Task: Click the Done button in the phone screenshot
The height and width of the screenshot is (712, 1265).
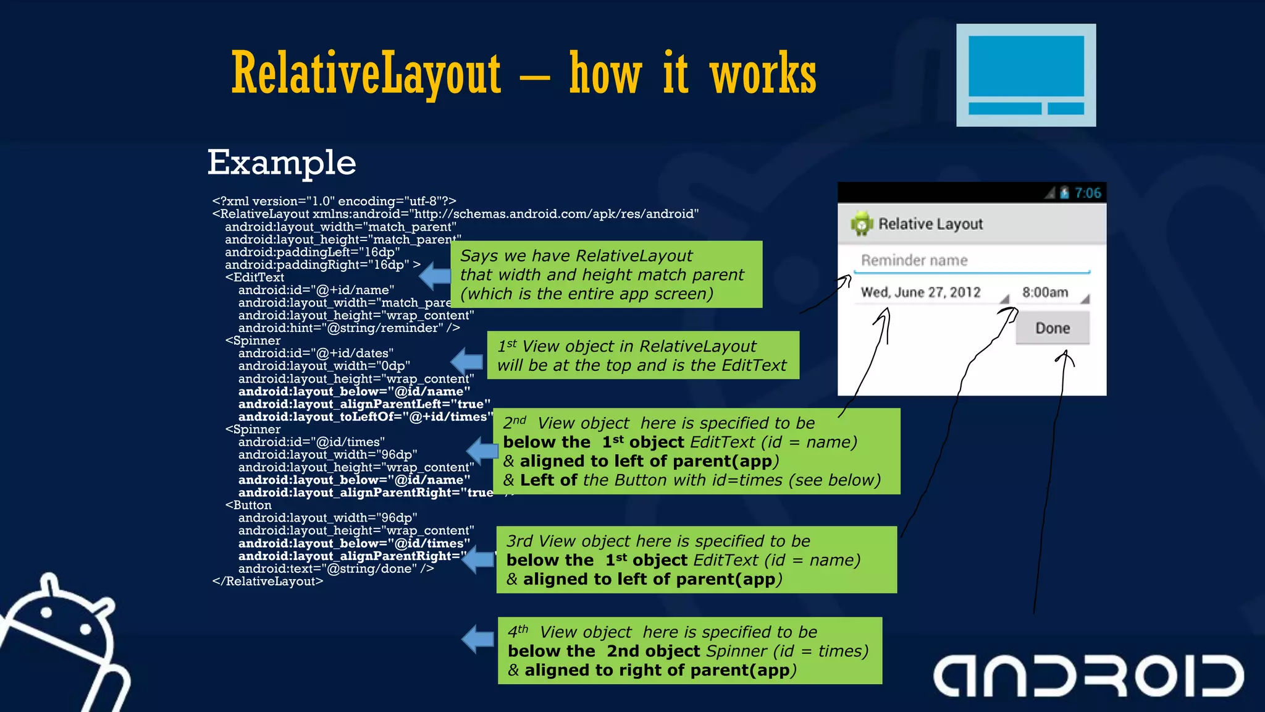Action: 1053,328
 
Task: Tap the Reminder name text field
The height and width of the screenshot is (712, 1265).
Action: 971,261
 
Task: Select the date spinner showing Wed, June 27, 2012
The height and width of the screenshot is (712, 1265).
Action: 920,292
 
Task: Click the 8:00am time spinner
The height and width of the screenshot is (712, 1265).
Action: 1045,292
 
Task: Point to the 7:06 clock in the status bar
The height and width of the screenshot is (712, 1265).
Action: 1087,193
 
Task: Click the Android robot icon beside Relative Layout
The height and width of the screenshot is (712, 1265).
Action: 861,224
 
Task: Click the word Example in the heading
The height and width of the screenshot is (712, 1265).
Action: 282,163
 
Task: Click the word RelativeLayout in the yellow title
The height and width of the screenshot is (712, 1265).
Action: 366,74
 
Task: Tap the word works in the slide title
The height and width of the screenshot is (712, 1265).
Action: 763,74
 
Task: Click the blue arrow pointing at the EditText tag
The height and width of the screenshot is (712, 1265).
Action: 435,276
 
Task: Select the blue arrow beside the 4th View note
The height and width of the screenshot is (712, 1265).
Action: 478,638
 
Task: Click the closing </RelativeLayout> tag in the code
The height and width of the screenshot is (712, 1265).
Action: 267,581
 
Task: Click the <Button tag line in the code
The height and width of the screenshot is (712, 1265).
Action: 248,505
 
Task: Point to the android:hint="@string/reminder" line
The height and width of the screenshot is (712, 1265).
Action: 349,328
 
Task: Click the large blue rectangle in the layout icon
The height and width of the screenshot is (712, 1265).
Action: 1026,66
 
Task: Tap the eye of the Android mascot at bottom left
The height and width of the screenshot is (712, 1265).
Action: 47,612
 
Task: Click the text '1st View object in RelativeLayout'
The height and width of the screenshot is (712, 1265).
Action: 627,346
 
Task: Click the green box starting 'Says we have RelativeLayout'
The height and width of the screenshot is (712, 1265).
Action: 606,274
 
